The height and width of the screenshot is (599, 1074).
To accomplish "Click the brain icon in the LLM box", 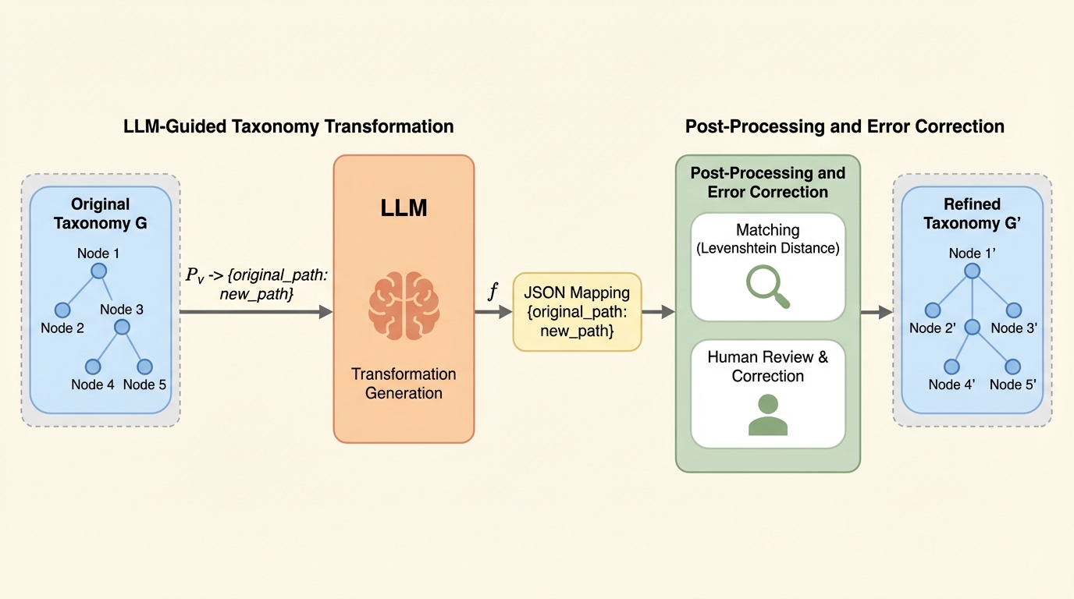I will pyautogui.click(x=404, y=305).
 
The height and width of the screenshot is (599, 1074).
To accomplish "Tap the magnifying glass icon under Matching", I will pyautogui.click(x=768, y=286).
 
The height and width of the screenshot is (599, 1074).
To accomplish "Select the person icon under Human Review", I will pyautogui.click(x=768, y=415).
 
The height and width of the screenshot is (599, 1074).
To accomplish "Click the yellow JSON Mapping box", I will pyautogui.click(x=577, y=312).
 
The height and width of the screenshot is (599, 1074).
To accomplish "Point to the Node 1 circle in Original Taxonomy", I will pyautogui.click(x=98, y=271).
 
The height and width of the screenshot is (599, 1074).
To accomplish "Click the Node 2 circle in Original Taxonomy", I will pyautogui.click(x=62, y=310).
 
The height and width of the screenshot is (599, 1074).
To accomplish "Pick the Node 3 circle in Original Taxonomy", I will pyautogui.click(x=122, y=327).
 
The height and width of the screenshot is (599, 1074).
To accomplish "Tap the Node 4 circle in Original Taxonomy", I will pyautogui.click(x=93, y=367).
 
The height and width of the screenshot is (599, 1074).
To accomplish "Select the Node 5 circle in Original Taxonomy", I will pyautogui.click(x=144, y=367).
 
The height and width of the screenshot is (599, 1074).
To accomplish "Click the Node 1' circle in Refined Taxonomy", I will pyautogui.click(x=972, y=271).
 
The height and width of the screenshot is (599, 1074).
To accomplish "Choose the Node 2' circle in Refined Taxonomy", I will pyautogui.click(x=932, y=310).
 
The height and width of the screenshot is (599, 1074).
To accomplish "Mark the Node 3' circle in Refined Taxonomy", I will pyautogui.click(x=1013, y=310).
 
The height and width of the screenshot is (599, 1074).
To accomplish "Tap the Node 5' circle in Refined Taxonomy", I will pyautogui.click(x=1013, y=367).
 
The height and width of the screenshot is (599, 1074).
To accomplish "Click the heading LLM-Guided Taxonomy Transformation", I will pyautogui.click(x=289, y=126).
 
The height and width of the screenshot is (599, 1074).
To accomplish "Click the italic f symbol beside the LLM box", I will pyautogui.click(x=493, y=292).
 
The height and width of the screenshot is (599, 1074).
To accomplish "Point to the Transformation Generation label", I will pyautogui.click(x=404, y=383).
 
